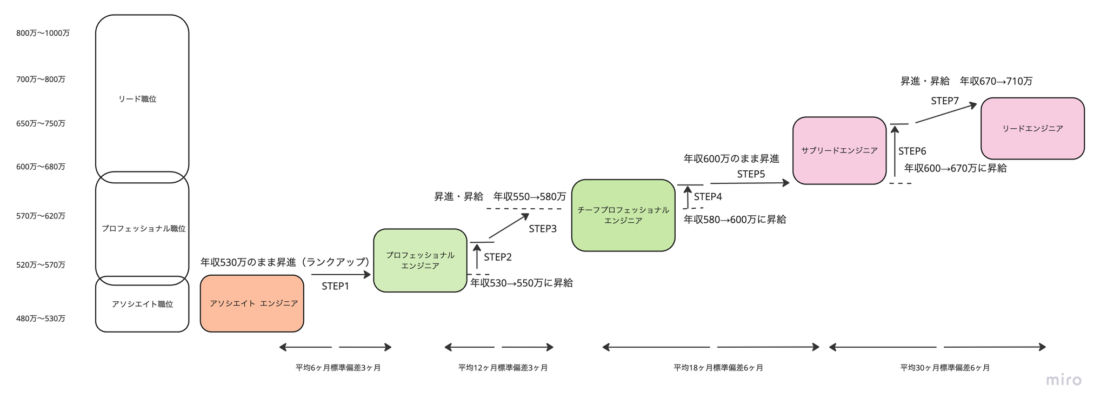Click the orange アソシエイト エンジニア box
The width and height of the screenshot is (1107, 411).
tap(252, 303)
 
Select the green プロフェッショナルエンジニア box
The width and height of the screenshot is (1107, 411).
tap(420, 260)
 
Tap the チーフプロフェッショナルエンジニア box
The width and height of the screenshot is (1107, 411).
tap(623, 215)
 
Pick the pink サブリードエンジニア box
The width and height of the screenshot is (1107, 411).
tap(839, 150)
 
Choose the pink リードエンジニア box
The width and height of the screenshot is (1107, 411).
tap(1032, 128)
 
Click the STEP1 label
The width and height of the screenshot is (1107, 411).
tap(335, 286)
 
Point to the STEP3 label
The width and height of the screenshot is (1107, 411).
tap(543, 229)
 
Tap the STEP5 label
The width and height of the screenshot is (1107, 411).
tap(751, 174)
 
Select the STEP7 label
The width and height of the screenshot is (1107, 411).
tap(945, 101)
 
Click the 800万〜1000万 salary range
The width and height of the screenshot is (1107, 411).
tap(43, 33)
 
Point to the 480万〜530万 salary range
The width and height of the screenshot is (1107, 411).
tap(41, 319)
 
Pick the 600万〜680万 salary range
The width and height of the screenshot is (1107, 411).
tap(41, 167)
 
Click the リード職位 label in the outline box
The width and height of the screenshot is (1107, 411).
tap(137, 99)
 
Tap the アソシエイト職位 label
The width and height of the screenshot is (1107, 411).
tap(142, 304)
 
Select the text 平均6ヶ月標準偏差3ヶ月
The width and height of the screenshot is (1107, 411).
tap(338, 368)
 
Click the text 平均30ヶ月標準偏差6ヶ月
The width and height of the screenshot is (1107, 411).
tap(945, 368)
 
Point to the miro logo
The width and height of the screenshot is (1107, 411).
tap(1064, 380)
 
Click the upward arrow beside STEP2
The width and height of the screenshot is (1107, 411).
tap(477, 256)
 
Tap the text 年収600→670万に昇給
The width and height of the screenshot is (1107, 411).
tap(956, 168)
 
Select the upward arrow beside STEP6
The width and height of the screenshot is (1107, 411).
tap(895, 150)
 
